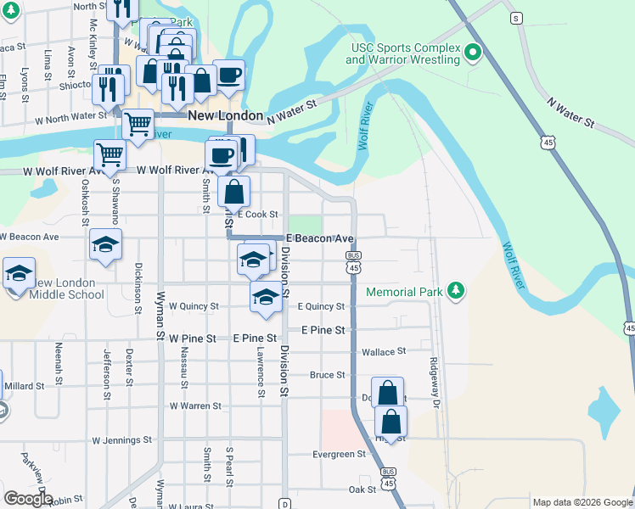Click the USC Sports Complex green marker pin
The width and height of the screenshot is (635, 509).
(x=474, y=53)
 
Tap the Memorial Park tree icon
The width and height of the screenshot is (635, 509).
(x=457, y=292)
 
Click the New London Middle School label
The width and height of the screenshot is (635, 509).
(x=67, y=288)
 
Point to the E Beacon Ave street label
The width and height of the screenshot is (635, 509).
(x=319, y=239)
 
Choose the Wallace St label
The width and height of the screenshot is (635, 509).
(x=384, y=351)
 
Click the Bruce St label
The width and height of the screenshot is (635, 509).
(x=327, y=374)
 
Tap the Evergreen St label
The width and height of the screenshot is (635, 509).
(x=339, y=454)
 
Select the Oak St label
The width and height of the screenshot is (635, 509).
(x=362, y=489)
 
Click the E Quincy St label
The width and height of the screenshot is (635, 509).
(x=321, y=306)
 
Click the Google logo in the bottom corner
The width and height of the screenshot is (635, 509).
(x=28, y=499)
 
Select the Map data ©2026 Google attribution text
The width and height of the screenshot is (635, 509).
(x=582, y=502)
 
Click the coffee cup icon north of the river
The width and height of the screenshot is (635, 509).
(x=229, y=74)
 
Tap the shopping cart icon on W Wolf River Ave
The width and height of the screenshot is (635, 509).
(x=110, y=154)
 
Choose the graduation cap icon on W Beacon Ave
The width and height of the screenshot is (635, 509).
(x=105, y=243)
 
